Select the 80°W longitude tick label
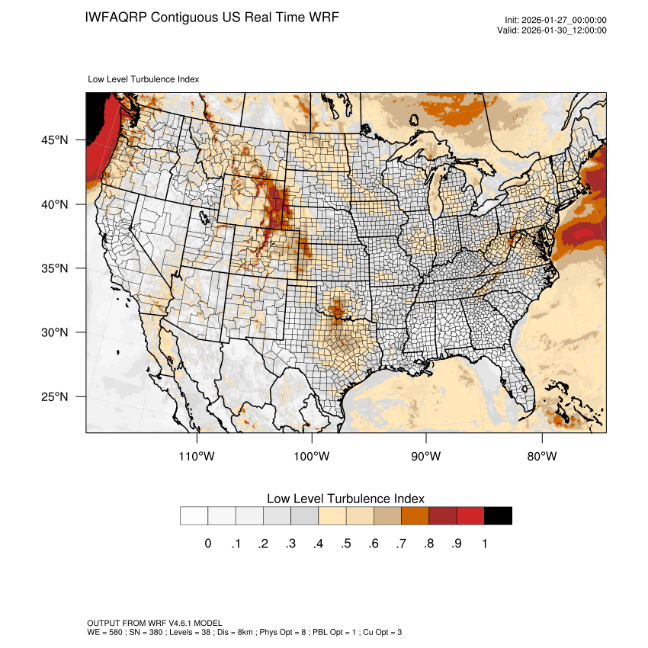click(541, 457)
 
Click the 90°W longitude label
click(426, 457)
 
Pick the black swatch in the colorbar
click(498, 516)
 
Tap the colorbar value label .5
click(345, 544)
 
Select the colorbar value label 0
click(207, 544)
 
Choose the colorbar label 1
click(484, 544)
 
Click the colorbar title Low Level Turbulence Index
click(345, 499)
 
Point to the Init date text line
click(556, 21)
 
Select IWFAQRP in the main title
click(116, 17)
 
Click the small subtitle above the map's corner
click(144, 79)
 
